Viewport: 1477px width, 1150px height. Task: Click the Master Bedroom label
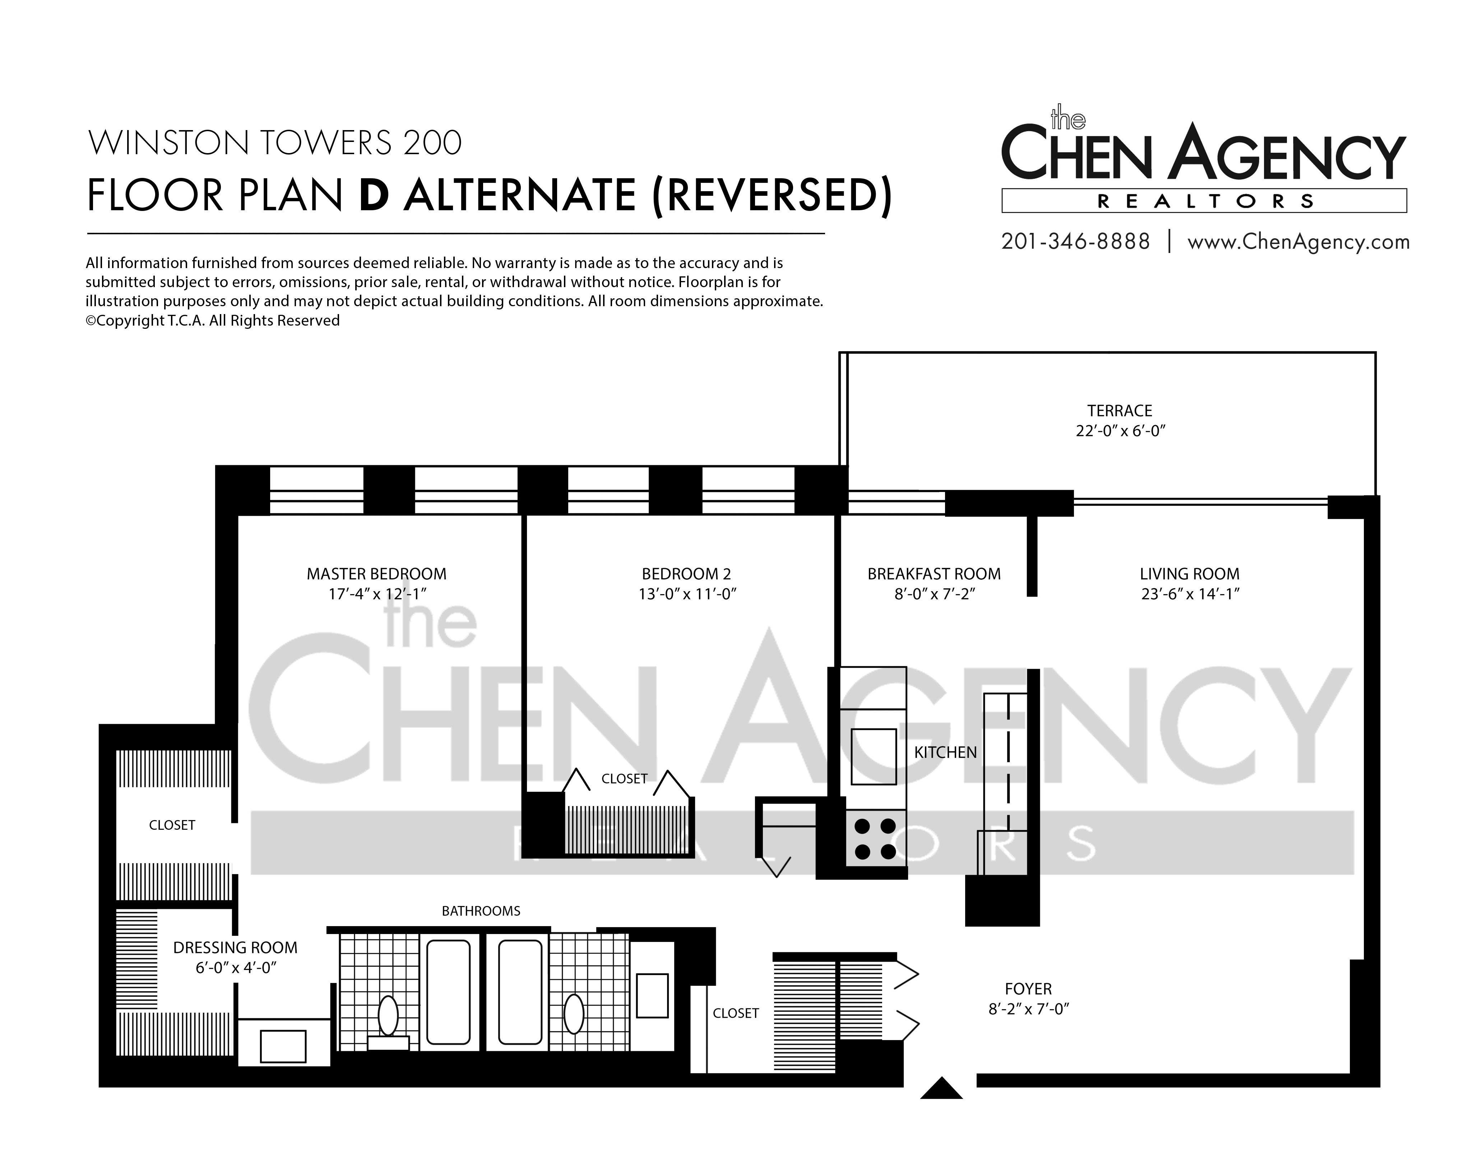point(377,574)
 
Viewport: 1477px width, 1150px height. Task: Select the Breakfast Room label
point(934,574)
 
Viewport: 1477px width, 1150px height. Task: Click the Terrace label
point(1120,411)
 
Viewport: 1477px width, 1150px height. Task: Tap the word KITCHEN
point(945,752)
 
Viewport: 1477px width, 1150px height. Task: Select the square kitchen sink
point(874,756)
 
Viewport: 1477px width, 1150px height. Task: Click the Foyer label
point(1028,989)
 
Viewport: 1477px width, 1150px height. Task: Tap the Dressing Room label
point(235,948)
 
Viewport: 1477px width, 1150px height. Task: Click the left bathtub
point(448,992)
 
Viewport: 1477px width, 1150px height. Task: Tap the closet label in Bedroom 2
point(624,779)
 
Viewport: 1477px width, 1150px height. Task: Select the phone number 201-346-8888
point(1075,241)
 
